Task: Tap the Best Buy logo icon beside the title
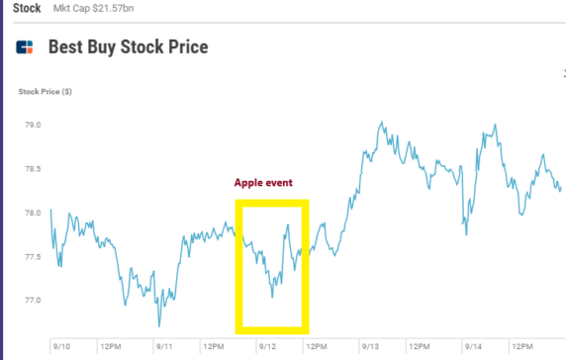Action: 26,47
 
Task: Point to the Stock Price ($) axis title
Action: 45,92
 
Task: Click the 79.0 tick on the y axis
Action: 33,126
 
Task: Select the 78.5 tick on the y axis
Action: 33,169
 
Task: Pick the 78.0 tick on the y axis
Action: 33,213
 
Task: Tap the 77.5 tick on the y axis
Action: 33,257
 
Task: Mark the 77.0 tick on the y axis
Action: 33,301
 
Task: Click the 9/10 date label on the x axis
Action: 61,347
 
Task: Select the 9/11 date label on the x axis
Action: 165,347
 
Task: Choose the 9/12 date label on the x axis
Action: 268,347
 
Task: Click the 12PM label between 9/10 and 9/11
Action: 112,347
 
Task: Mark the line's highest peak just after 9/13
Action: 382,124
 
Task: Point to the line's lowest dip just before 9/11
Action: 159,325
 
